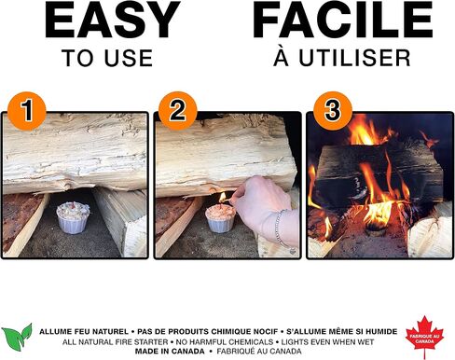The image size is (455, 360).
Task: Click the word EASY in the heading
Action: pos(113,20)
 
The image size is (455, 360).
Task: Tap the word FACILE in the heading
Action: pos(343,20)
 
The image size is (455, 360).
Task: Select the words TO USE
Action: pos(107,58)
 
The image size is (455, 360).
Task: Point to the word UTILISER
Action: pos(354,58)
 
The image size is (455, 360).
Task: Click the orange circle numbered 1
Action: pos(27,110)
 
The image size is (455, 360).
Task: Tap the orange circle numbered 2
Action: pos(178,110)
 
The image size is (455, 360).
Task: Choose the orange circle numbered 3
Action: pos(333,110)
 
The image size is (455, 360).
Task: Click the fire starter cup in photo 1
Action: pos(73,217)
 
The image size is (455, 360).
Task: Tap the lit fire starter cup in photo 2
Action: pos(221,218)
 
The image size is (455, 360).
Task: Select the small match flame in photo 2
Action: pos(223,197)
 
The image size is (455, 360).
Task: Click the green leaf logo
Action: pos(17,337)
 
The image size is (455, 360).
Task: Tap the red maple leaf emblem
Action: pos(424,338)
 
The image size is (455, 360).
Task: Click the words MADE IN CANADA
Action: pos(170,352)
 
